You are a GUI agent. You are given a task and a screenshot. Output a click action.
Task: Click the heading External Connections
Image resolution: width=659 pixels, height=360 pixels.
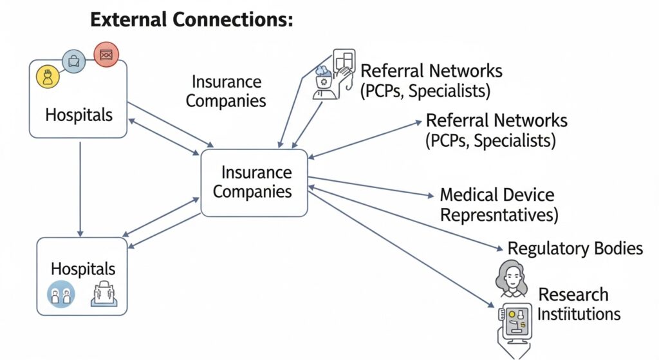(x=191, y=19)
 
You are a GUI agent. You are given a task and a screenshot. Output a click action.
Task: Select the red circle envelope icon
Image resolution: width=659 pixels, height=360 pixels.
(x=106, y=54)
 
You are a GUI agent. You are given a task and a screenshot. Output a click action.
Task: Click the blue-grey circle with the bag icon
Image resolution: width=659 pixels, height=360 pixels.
(x=74, y=62)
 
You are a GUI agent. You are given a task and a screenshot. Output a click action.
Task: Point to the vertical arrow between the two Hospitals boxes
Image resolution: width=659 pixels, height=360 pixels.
(x=80, y=187)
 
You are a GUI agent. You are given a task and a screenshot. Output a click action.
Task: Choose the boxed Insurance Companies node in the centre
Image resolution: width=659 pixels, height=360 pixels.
(x=254, y=182)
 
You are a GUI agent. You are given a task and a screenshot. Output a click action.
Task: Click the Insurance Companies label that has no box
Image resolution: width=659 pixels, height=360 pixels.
(x=226, y=91)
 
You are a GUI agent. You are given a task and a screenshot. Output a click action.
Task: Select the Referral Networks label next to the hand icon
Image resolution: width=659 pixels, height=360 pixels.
(x=431, y=80)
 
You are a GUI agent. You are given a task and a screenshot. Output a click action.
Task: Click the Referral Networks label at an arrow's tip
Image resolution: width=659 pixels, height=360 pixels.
(x=496, y=130)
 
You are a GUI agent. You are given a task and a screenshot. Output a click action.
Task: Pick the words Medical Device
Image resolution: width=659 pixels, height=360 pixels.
(x=497, y=194)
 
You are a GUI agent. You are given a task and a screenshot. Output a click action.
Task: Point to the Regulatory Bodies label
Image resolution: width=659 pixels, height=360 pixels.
(x=575, y=248)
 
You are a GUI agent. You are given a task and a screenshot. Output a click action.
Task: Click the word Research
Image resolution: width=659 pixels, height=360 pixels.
(x=573, y=295)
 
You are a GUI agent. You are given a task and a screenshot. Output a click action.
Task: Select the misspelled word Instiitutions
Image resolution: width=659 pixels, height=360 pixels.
(x=579, y=314)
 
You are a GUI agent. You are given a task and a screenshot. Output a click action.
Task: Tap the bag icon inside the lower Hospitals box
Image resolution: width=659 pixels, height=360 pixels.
(x=103, y=294)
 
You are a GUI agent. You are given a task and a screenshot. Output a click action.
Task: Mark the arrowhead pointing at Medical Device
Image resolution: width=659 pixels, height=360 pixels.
(x=431, y=194)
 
